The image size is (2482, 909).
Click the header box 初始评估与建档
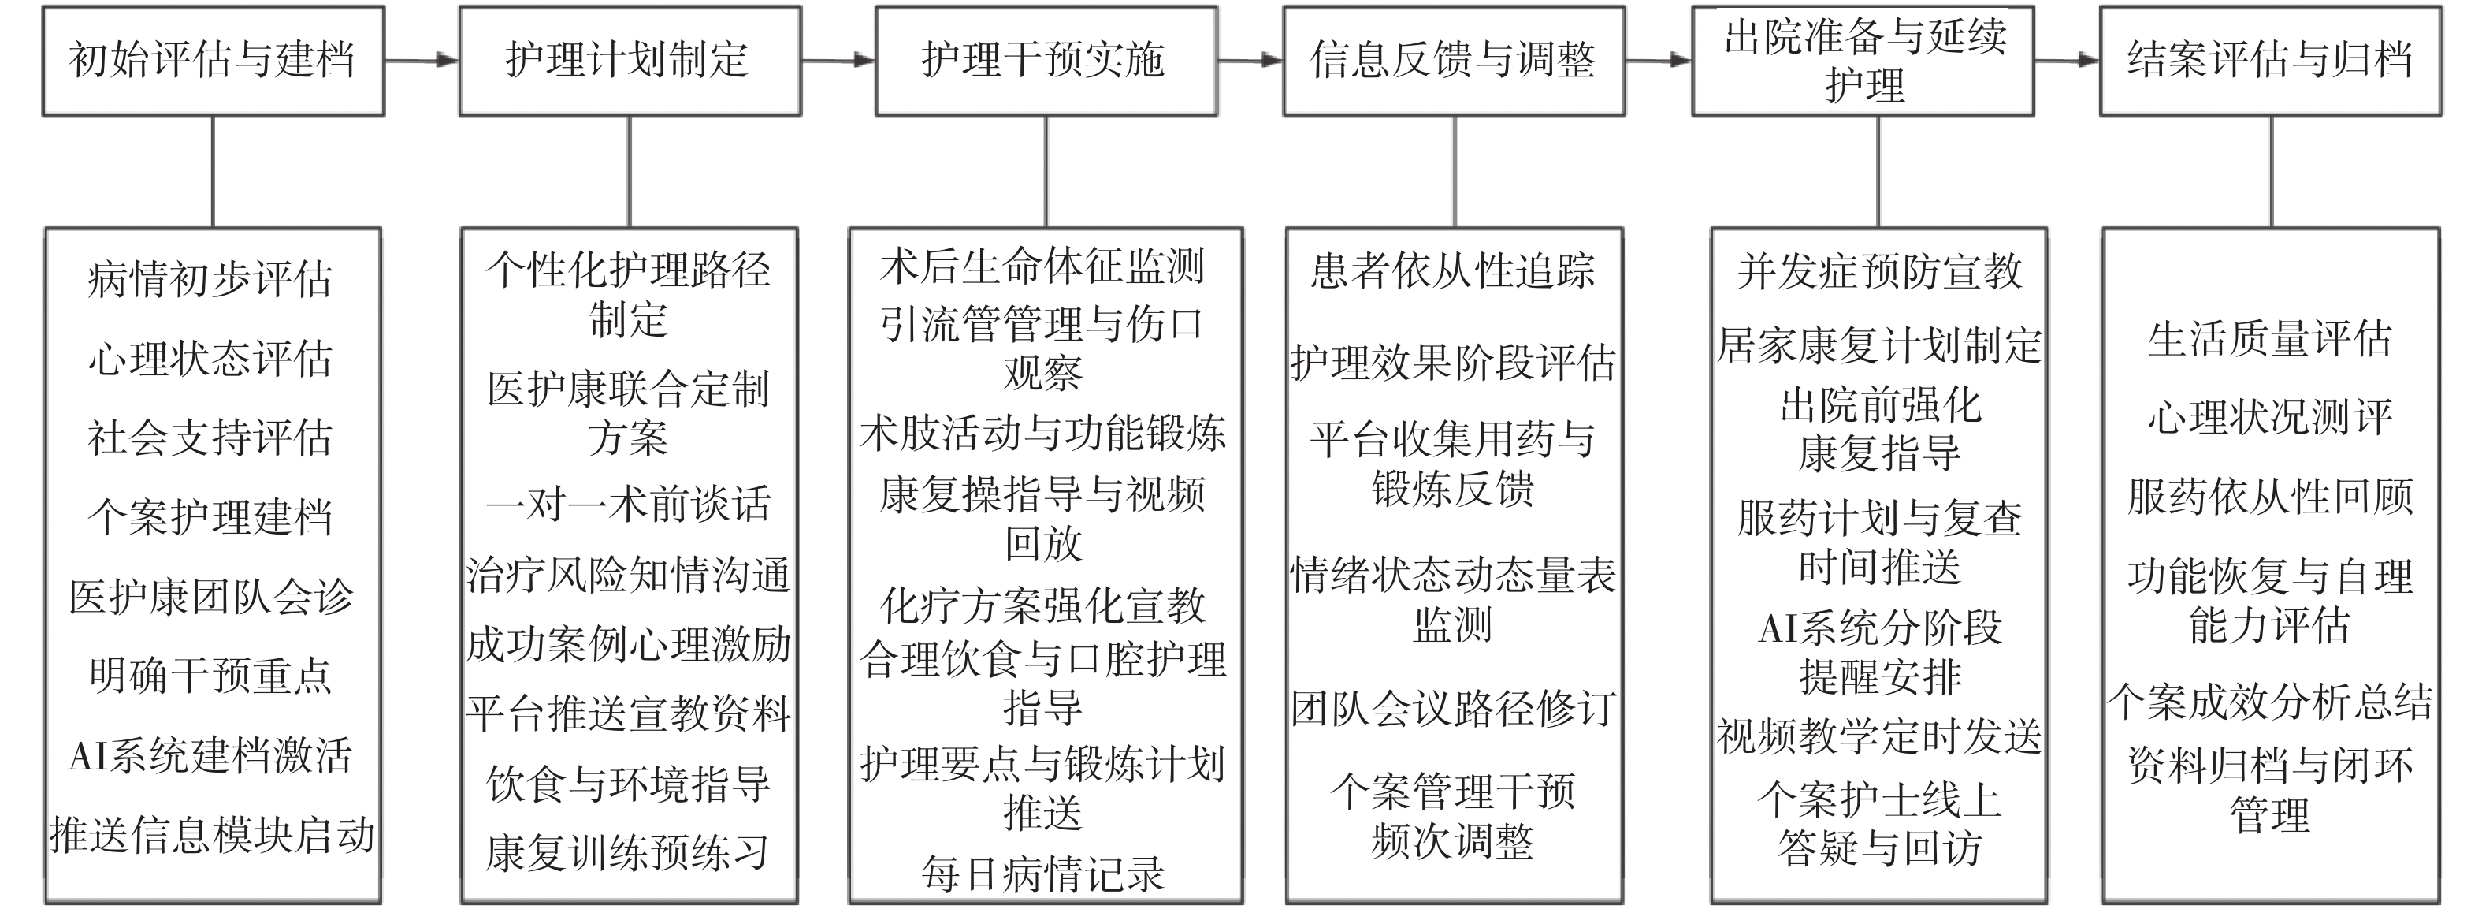(x=213, y=61)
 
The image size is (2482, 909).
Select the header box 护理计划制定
(x=630, y=61)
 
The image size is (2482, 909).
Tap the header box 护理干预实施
(x=1046, y=61)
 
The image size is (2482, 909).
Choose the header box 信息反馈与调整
(x=1453, y=61)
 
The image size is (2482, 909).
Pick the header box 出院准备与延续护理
(x=1863, y=61)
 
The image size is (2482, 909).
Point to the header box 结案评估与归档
(x=2270, y=61)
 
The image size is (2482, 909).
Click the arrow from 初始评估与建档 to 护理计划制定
(x=421, y=61)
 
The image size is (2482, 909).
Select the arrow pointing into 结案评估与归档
(x=2066, y=61)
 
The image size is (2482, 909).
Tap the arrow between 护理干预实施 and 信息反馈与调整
(x=1250, y=61)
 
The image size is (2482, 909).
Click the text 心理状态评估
(x=211, y=360)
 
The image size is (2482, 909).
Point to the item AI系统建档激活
(x=211, y=754)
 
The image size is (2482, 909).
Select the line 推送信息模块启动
(x=212, y=835)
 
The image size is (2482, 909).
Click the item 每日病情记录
(x=1043, y=874)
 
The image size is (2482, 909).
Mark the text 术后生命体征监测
(x=1043, y=266)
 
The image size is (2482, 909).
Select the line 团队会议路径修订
(x=1453, y=709)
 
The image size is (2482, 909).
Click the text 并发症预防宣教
(x=1879, y=271)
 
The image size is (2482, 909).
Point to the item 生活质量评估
(x=2270, y=338)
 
